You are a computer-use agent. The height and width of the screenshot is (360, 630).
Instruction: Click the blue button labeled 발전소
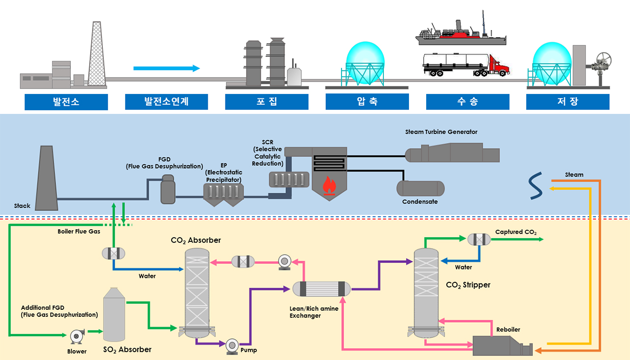[x=66, y=102]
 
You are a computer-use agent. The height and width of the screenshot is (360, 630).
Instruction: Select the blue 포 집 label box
[x=267, y=102]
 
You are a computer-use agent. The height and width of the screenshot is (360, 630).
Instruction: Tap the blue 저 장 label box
[x=567, y=102]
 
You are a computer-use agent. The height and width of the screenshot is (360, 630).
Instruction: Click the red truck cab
[x=500, y=66]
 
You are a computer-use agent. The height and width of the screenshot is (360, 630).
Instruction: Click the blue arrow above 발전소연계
[x=166, y=68]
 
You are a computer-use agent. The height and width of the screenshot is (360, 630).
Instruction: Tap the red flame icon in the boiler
[x=329, y=186]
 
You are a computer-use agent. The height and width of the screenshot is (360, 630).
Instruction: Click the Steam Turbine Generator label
[x=441, y=132]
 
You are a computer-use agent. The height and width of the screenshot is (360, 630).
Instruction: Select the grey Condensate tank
[x=421, y=188]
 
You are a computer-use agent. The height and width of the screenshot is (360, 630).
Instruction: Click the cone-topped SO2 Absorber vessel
[x=115, y=315]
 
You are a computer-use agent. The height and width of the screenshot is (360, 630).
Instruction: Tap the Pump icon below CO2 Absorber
[x=232, y=346]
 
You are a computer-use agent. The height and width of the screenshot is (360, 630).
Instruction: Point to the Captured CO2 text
[x=516, y=232]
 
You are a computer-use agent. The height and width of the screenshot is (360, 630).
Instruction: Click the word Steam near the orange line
[x=574, y=175]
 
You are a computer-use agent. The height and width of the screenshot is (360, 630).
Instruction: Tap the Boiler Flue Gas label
[x=79, y=231]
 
